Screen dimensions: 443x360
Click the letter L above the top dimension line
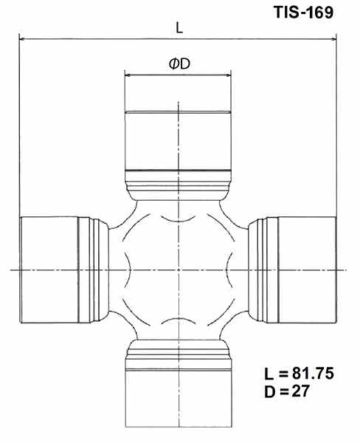click(x=179, y=27)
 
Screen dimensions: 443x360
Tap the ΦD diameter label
click(x=179, y=64)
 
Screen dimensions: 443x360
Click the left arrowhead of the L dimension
click(x=22, y=37)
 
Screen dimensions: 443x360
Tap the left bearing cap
click(x=48, y=270)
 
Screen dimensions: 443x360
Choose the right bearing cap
click(x=306, y=270)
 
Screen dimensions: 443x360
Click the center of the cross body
click(x=178, y=270)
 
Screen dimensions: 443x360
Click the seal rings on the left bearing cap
click(x=92, y=270)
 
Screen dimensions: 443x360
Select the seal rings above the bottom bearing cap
click(x=178, y=351)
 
